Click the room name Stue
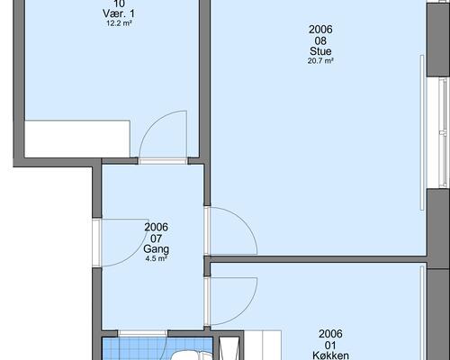pos(320,51)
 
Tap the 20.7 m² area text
pos(320,61)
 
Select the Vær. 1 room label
pos(119,13)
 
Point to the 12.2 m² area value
pos(119,23)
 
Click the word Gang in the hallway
pos(156,249)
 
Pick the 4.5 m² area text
pos(156,258)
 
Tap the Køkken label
pos(330,355)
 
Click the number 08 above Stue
pos(320,40)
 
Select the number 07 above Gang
pos(156,238)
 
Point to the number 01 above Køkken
pos(330,345)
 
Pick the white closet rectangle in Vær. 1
pos(77,139)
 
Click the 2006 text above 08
pos(320,30)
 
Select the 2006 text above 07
pos(156,227)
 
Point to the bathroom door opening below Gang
pos(142,334)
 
